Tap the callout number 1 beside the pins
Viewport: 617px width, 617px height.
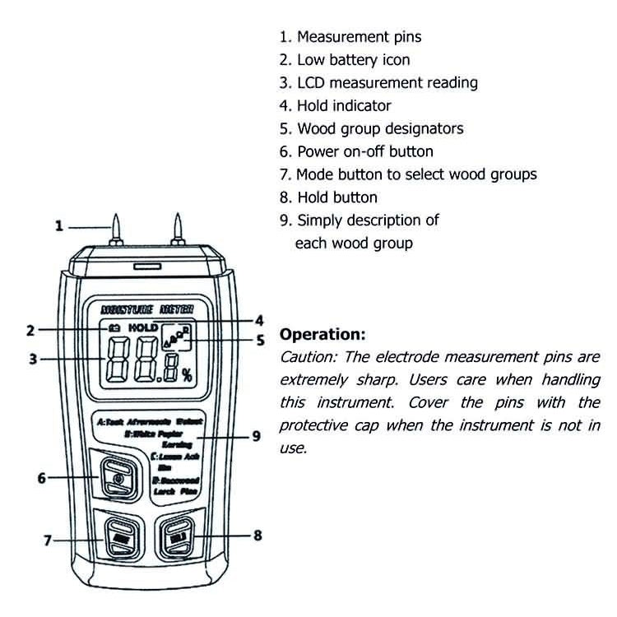click(x=58, y=225)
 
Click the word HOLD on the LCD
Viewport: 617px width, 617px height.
click(x=142, y=327)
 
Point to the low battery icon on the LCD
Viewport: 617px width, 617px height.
click(x=114, y=327)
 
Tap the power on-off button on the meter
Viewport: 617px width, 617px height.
click(x=118, y=476)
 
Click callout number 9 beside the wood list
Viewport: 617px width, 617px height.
click(x=256, y=436)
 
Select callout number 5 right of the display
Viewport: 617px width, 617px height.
click(x=260, y=340)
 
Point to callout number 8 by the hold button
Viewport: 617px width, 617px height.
click(x=257, y=535)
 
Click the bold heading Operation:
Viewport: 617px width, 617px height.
click(x=322, y=336)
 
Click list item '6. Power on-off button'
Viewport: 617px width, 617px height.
click(x=355, y=151)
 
